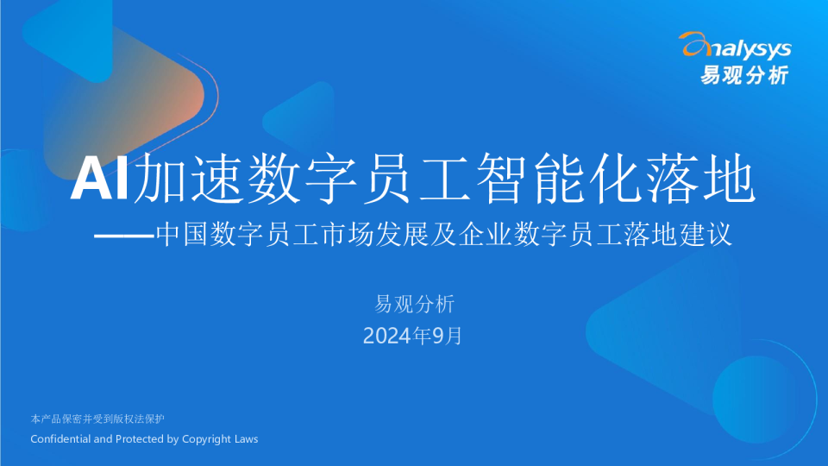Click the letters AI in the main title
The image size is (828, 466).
(x=100, y=178)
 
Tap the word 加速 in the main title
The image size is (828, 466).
(x=189, y=178)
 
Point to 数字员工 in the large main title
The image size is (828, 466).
(x=361, y=178)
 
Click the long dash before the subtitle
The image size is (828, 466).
(x=124, y=235)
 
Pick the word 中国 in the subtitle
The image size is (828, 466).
(x=182, y=235)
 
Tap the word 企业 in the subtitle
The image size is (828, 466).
(x=486, y=235)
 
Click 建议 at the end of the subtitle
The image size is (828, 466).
(x=706, y=235)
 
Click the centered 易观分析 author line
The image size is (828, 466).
(x=415, y=305)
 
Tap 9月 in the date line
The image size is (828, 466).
(x=448, y=336)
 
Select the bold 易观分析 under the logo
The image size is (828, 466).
(x=744, y=75)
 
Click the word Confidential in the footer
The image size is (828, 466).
(x=60, y=439)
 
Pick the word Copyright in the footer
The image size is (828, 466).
(x=207, y=439)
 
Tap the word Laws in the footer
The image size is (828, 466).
(x=246, y=439)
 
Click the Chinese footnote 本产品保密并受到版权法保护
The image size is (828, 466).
(x=97, y=419)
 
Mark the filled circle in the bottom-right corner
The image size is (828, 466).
(x=756, y=400)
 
